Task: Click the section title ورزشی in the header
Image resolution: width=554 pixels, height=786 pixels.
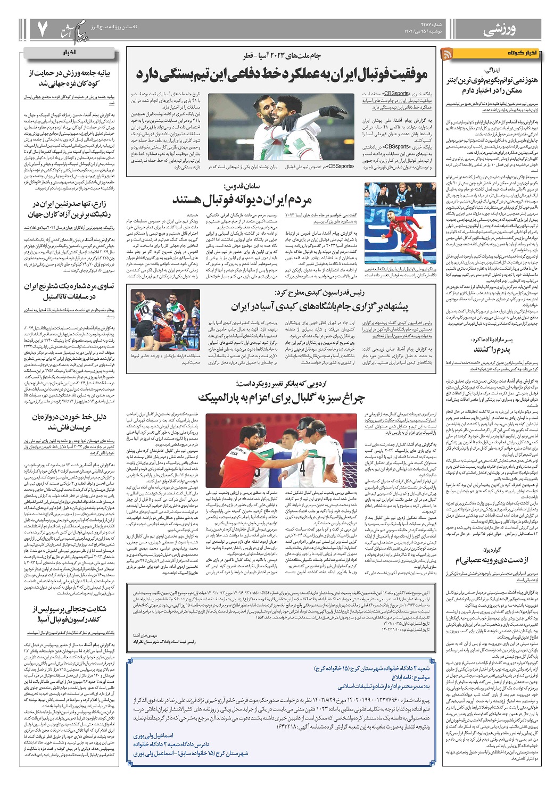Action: click(x=499, y=30)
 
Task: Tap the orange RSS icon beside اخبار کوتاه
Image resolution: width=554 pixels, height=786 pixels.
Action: click(x=447, y=54)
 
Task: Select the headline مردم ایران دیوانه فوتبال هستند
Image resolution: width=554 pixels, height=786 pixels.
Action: click(x=242, y=200)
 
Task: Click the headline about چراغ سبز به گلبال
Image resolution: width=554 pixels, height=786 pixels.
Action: click(x=281, y=398)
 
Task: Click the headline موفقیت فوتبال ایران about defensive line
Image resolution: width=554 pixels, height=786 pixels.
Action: click(x=282, y=74)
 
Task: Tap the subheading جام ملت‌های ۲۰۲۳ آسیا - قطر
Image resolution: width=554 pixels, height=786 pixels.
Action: click(x=282, y=55)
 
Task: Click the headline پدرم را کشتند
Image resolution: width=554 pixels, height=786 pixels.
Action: click(x=492, y=349)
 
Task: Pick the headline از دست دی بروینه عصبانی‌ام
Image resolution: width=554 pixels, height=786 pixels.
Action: click(x=491, y=559)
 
